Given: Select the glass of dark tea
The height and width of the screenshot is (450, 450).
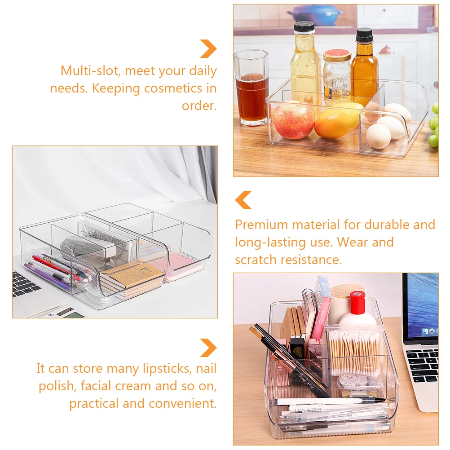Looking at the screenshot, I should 251,96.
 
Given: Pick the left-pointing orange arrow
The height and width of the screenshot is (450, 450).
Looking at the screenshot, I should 243,200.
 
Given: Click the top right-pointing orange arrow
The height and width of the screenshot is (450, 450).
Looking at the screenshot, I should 208,49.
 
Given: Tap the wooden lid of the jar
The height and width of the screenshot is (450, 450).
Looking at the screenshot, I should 347,291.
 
